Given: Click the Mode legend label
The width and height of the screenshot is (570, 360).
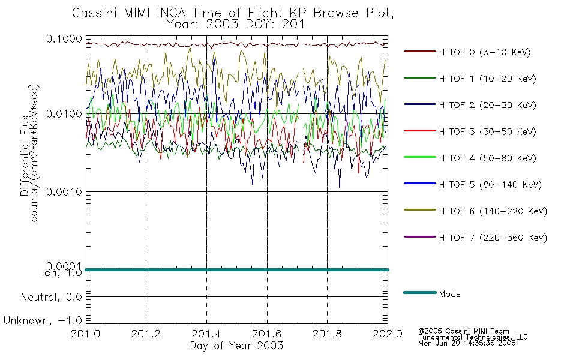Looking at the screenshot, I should coord(449,294).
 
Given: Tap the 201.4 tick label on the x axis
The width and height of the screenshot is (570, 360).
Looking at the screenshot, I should coord(206,335).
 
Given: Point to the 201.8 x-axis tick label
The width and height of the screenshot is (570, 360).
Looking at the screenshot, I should coord(327,335).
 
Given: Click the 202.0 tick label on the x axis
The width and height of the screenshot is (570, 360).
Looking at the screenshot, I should coord(388,335).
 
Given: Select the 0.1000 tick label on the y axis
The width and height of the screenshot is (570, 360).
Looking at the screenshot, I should coord(64,39).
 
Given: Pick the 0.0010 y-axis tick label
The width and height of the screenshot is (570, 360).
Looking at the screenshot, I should coord(64,191).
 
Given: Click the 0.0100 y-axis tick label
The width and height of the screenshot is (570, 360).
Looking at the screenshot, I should coord(64,114).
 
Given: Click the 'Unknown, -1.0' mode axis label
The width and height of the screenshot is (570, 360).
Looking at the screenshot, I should coord(43,320).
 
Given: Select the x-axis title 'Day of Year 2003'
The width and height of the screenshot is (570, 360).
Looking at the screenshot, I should coord(236,346).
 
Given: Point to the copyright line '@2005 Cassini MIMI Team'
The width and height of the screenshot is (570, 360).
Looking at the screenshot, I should coord(464,331).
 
